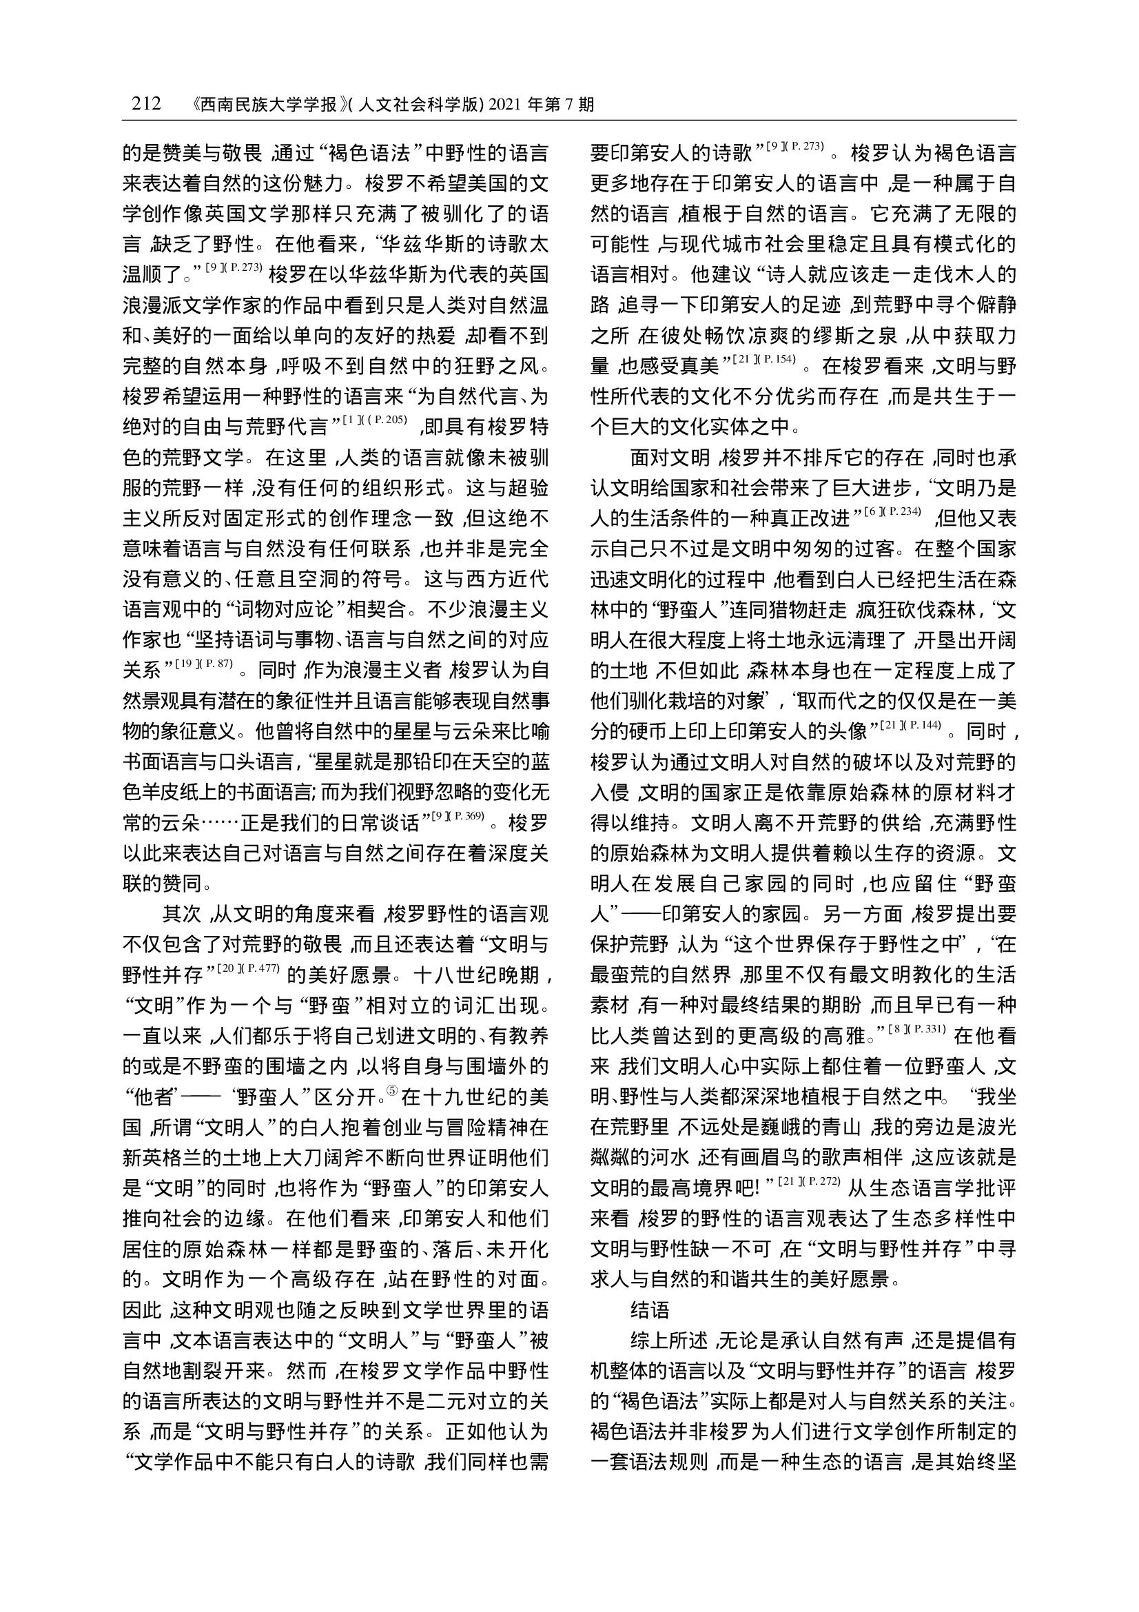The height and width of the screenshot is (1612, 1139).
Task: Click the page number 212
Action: pyautogui.click(x=146, y=105)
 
